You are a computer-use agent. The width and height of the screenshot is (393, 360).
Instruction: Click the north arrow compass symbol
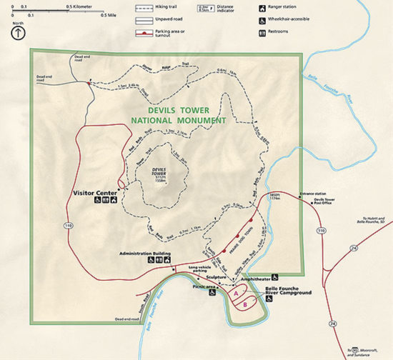(x=16, y=33)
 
